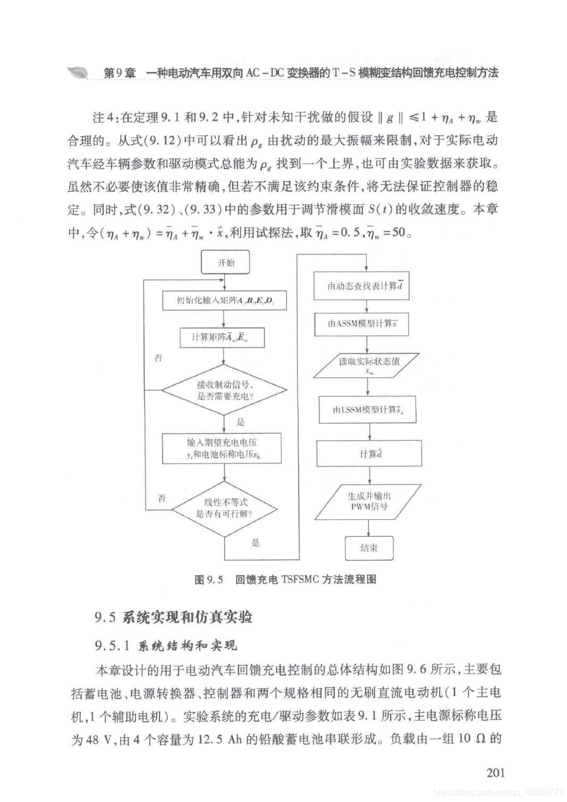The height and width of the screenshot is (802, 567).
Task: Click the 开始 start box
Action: pyautogui.click(x=225, y=263)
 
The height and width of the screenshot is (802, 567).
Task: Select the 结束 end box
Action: pyautogui.click(x=369, y=548)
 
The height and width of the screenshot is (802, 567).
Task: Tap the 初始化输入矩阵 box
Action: pyautogui.click(x=225, y=301)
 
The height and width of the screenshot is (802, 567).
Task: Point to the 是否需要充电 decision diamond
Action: pyautogui.click(x=224, y=391)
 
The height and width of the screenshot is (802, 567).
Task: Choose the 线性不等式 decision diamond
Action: pyautogui.click(x=224, y=508)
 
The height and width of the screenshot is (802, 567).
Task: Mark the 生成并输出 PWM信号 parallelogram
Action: pyautogui.click(x=369, y=501)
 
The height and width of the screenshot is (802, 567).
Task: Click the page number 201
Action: pyautogui.click(x=495, y=772)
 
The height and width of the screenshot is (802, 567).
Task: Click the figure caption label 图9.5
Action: pyautogui.click(x=208, y=579)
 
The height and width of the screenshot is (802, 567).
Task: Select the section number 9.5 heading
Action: pyautogui.click(x=105, y=617)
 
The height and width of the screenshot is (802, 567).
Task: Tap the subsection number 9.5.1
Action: pyautogui.click(x=113, y=646)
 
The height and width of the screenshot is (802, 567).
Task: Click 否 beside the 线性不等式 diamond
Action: pyautogui.click(x=162, y=498)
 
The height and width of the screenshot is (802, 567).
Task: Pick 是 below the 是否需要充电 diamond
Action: pyautogui.click(x=240, y=422)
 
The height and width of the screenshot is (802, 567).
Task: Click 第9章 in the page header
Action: pyautogui.click(x=119, y=73)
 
